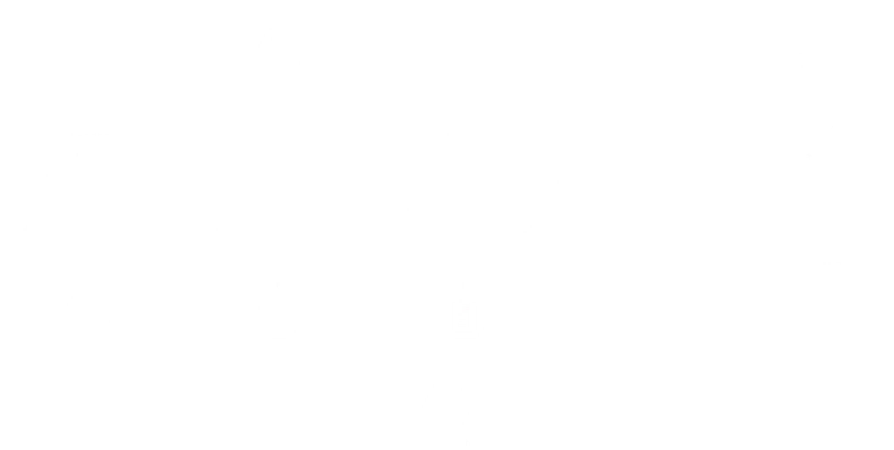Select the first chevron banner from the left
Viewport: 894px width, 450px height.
(85, 221)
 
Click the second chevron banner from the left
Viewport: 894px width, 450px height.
(279, 221)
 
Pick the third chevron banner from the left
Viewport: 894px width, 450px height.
(472, 221)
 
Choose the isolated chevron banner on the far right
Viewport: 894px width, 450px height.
(812, 221)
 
